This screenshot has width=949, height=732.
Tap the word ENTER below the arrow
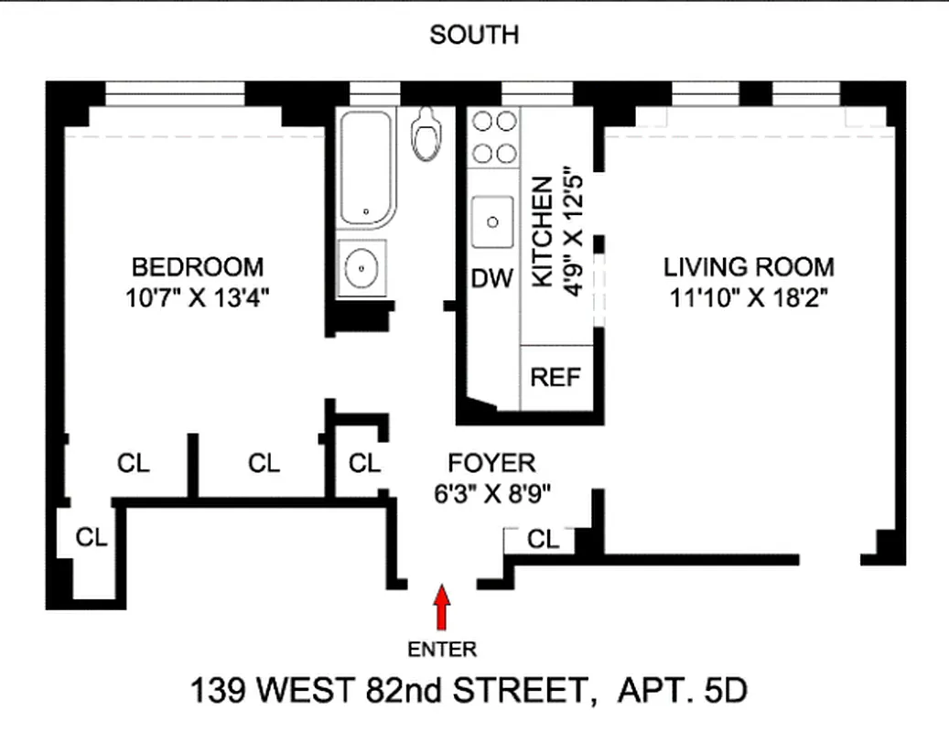pos(442,651)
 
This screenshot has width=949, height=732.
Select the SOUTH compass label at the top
pos(474,36)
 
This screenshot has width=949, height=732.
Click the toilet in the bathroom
pos(424,135)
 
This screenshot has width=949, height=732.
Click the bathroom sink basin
pos(362,268)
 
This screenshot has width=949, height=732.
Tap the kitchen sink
pos(493,221)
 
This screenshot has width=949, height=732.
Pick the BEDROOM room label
pos(198,267)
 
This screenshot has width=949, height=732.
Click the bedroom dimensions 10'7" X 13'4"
pos(198,297)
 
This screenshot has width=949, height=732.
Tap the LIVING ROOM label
pos(749,267)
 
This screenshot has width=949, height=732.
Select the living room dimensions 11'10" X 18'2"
pos(749,297)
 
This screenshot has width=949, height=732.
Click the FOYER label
pos(484,463)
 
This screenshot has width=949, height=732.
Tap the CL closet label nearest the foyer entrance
pos(544,540)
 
